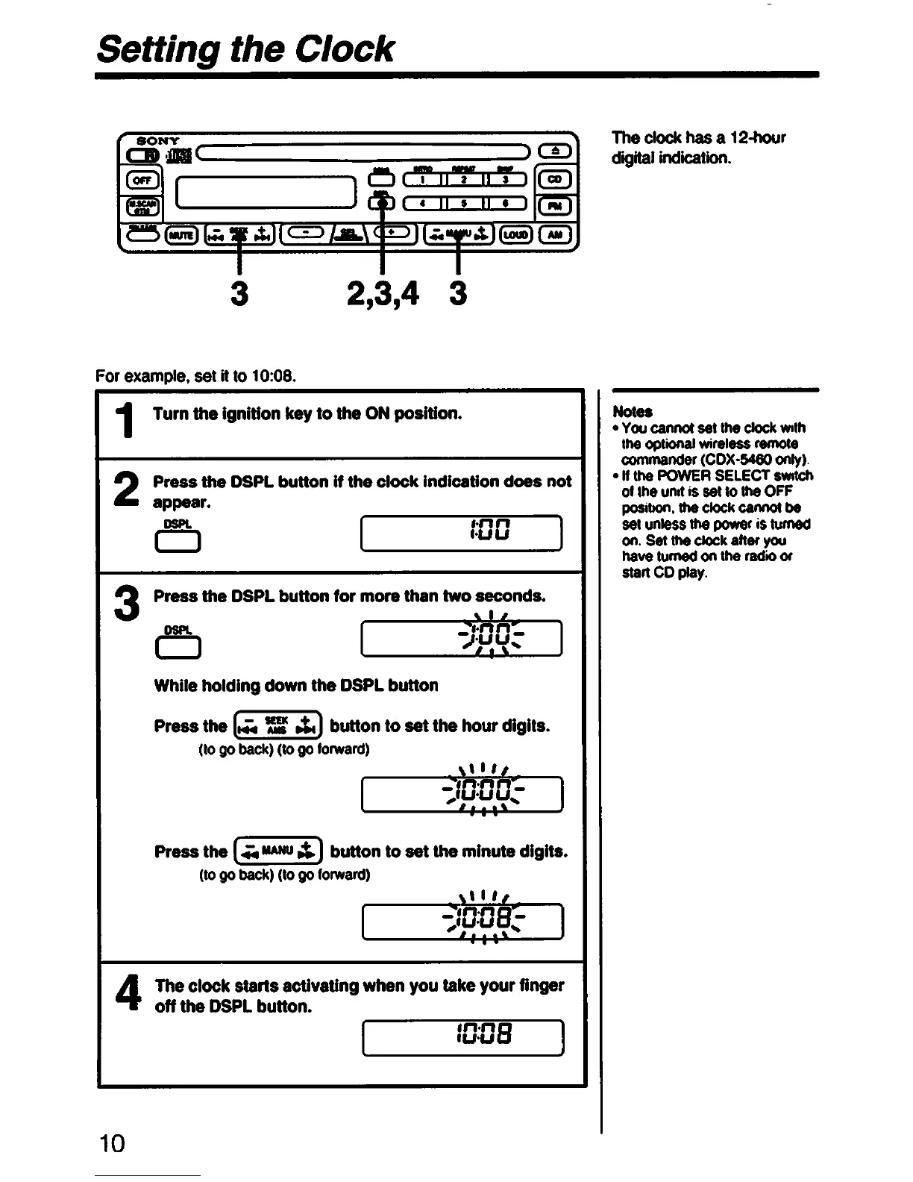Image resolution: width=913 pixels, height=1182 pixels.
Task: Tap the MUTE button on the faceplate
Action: click(x=181, y=235)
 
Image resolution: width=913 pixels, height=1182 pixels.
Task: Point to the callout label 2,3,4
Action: click(x=382, y=293)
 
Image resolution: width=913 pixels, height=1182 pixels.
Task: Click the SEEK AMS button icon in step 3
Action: click(x=277, y=725)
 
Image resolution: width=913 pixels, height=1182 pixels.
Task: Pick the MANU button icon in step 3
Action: click(x=278, y=850)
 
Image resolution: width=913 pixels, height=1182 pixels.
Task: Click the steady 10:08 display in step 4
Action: click(x=462, y=1036)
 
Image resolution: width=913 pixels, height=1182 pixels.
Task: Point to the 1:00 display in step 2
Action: click(x=461, y=533)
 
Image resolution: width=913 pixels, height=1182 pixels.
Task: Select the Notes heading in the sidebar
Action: click(x=632, y=411)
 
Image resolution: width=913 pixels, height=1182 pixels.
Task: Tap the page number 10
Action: click(x=112, y=1143)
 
